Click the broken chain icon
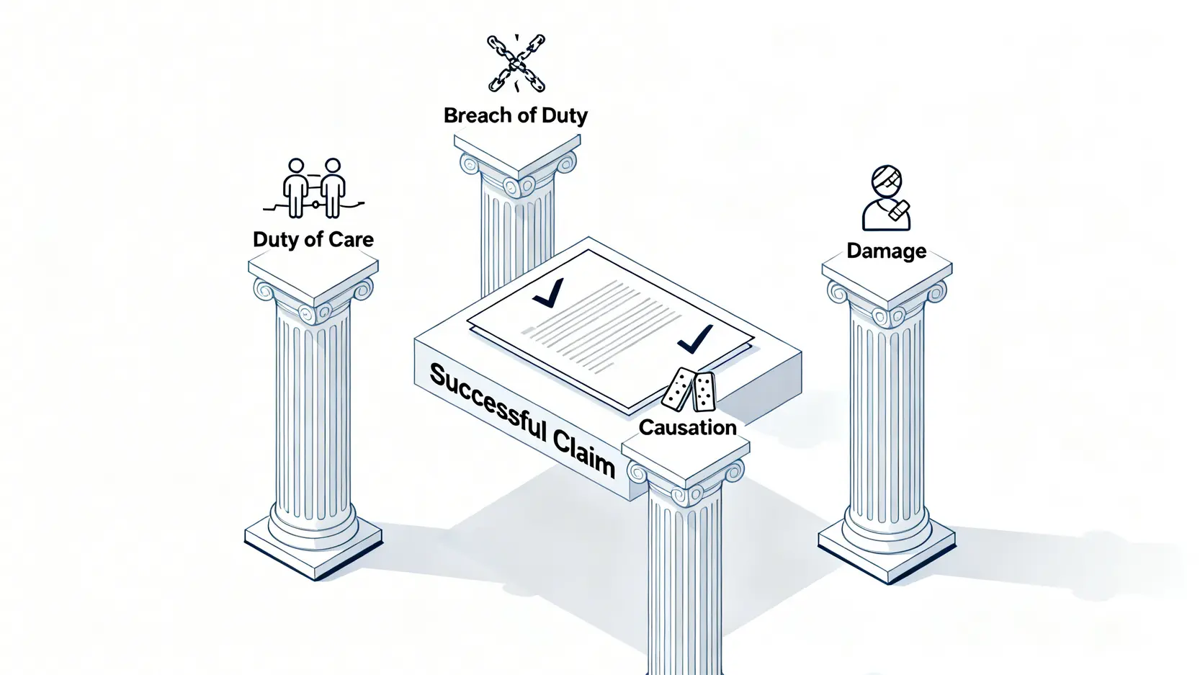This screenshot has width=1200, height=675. pyautogui.click(x=516, y=64)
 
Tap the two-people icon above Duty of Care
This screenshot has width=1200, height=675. pyautogui.click(x=313, y=189)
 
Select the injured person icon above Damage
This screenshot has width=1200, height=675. pyautogui.click(x=887, y=198)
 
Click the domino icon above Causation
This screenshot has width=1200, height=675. pyautogui.click(x=689, y=390)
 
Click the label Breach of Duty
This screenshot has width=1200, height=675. pyautogui.click(x=515, y=115)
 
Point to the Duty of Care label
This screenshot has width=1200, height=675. pyautogui.click(x=313, y=239)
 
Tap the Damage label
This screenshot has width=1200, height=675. pyautogui.click(x=886, y=251)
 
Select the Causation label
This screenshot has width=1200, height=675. pyautogui.click(x=687, y=427)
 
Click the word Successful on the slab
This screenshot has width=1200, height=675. pyautogui.click(x=488, y=404)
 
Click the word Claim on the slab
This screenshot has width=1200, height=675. pyautogui.click(x=585, y=452)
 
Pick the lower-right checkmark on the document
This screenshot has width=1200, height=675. pyautogui.click(x=695, y=339)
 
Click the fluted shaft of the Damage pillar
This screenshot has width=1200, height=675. pyautogui.click(x=887, y=411)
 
